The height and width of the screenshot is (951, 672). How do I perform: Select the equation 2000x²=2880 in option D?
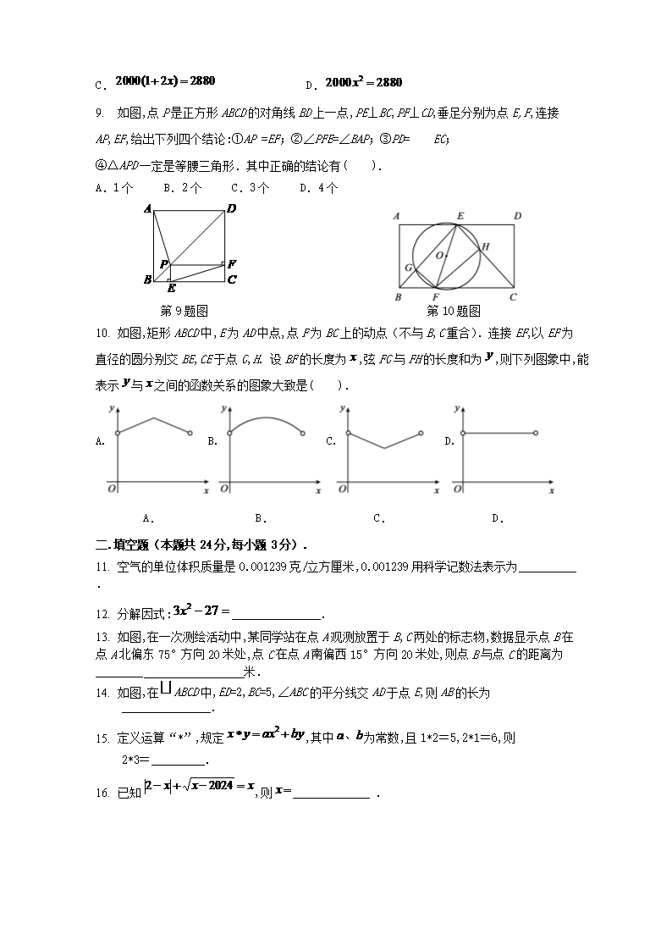coord(363,82)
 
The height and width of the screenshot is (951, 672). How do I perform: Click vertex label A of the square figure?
coord(147,208)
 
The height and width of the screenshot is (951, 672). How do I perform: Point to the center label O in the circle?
coord(438,254)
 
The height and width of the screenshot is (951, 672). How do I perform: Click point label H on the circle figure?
coord(485,246)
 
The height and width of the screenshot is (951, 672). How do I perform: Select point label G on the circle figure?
coord(408,268)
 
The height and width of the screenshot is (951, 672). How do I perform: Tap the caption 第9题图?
coord(184,310)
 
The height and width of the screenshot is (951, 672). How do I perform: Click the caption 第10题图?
coord(454,310)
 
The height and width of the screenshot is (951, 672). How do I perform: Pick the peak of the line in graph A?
coord(152,417)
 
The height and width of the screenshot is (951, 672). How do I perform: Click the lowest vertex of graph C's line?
coord(384,448)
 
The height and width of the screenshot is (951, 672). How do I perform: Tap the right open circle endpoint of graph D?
coord(536,433)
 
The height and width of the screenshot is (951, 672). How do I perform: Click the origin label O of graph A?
coord(110,489)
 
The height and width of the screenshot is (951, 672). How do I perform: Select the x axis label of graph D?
coord(551,490)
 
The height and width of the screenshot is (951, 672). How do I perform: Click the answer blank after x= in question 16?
coord(331,793)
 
